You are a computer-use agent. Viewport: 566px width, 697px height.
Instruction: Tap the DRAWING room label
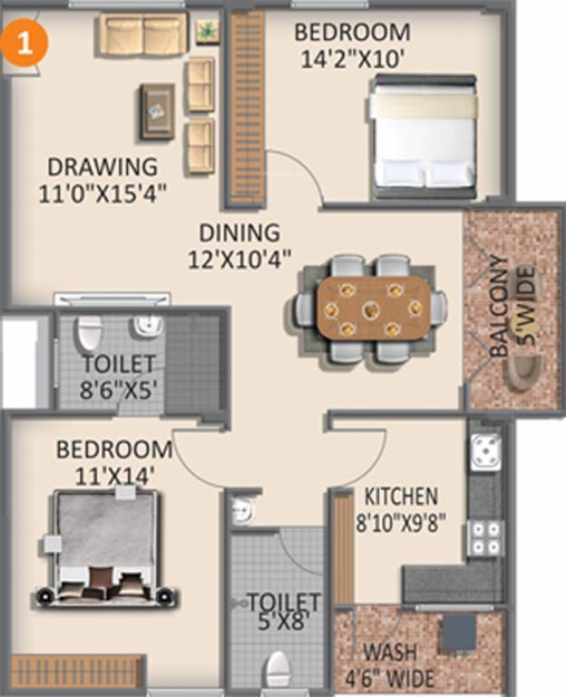coord(102,168)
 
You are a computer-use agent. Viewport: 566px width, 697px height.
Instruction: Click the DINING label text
coord(239,232)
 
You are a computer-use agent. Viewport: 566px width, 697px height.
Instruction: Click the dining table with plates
coord(372,309)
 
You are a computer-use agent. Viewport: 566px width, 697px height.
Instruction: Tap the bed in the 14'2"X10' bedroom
coord(423,137)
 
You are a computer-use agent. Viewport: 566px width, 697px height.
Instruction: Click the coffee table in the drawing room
coord(157,111)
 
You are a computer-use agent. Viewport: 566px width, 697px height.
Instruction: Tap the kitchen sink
coord(485,450)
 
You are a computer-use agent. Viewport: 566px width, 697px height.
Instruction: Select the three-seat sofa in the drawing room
coord(143,34)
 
